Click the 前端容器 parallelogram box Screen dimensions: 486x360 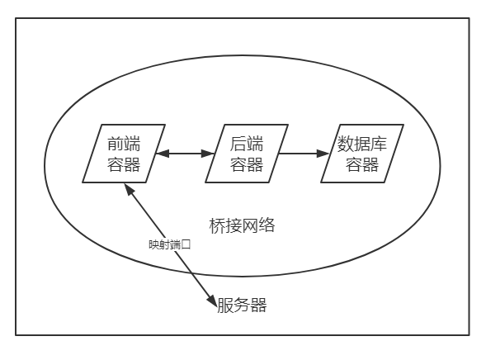point(124,154)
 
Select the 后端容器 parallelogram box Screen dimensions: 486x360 point(247,154)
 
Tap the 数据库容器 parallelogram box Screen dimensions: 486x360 point(362,154)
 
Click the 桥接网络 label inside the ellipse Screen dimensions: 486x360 point(242,225)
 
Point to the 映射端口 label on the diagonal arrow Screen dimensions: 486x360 point(169,245)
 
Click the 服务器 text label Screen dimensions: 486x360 point(242,306)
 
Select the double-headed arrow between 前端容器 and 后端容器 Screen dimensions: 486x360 point(185,154)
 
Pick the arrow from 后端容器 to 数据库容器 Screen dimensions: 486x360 point(304,154)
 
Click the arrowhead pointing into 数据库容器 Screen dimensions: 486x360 point(323,154)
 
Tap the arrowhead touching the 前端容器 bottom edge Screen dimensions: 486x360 point(129,189)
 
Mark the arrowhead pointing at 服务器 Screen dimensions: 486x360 point(212,301)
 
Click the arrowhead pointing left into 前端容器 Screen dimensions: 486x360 point(162,154)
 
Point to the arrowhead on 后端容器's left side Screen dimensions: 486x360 point(208,154)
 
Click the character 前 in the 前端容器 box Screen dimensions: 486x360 point(116,144)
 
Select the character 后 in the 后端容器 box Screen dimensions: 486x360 point(238,144)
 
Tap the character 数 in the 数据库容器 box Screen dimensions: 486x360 point(346,144)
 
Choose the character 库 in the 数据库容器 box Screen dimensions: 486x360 point(379,144)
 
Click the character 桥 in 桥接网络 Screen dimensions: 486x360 point(217,225)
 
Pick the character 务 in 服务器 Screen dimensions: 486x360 point(242,306)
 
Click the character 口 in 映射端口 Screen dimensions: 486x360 point(186,245)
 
